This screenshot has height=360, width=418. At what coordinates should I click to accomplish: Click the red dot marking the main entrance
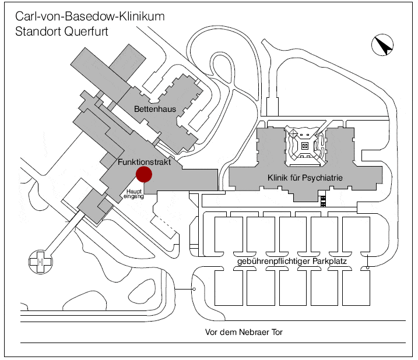tap(143, 174)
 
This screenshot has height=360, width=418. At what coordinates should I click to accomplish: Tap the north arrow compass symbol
tap(382, 45)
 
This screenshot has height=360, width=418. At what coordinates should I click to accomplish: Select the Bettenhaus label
tap(154, 109)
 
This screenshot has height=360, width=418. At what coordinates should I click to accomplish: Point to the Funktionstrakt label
tap(144, 163)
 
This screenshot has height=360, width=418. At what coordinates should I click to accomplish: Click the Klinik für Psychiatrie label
tap(304, 177)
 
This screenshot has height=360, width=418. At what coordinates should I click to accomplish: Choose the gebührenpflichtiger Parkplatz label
tap(292, 261)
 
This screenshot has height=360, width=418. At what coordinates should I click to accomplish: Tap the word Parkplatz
tap(329, 261)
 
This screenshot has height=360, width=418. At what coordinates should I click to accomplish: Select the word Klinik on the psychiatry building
tap(277, 177)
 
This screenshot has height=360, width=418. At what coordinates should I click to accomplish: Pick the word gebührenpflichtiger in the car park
tap(273, 261)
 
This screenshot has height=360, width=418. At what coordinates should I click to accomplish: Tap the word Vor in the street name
tap(212, 333)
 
